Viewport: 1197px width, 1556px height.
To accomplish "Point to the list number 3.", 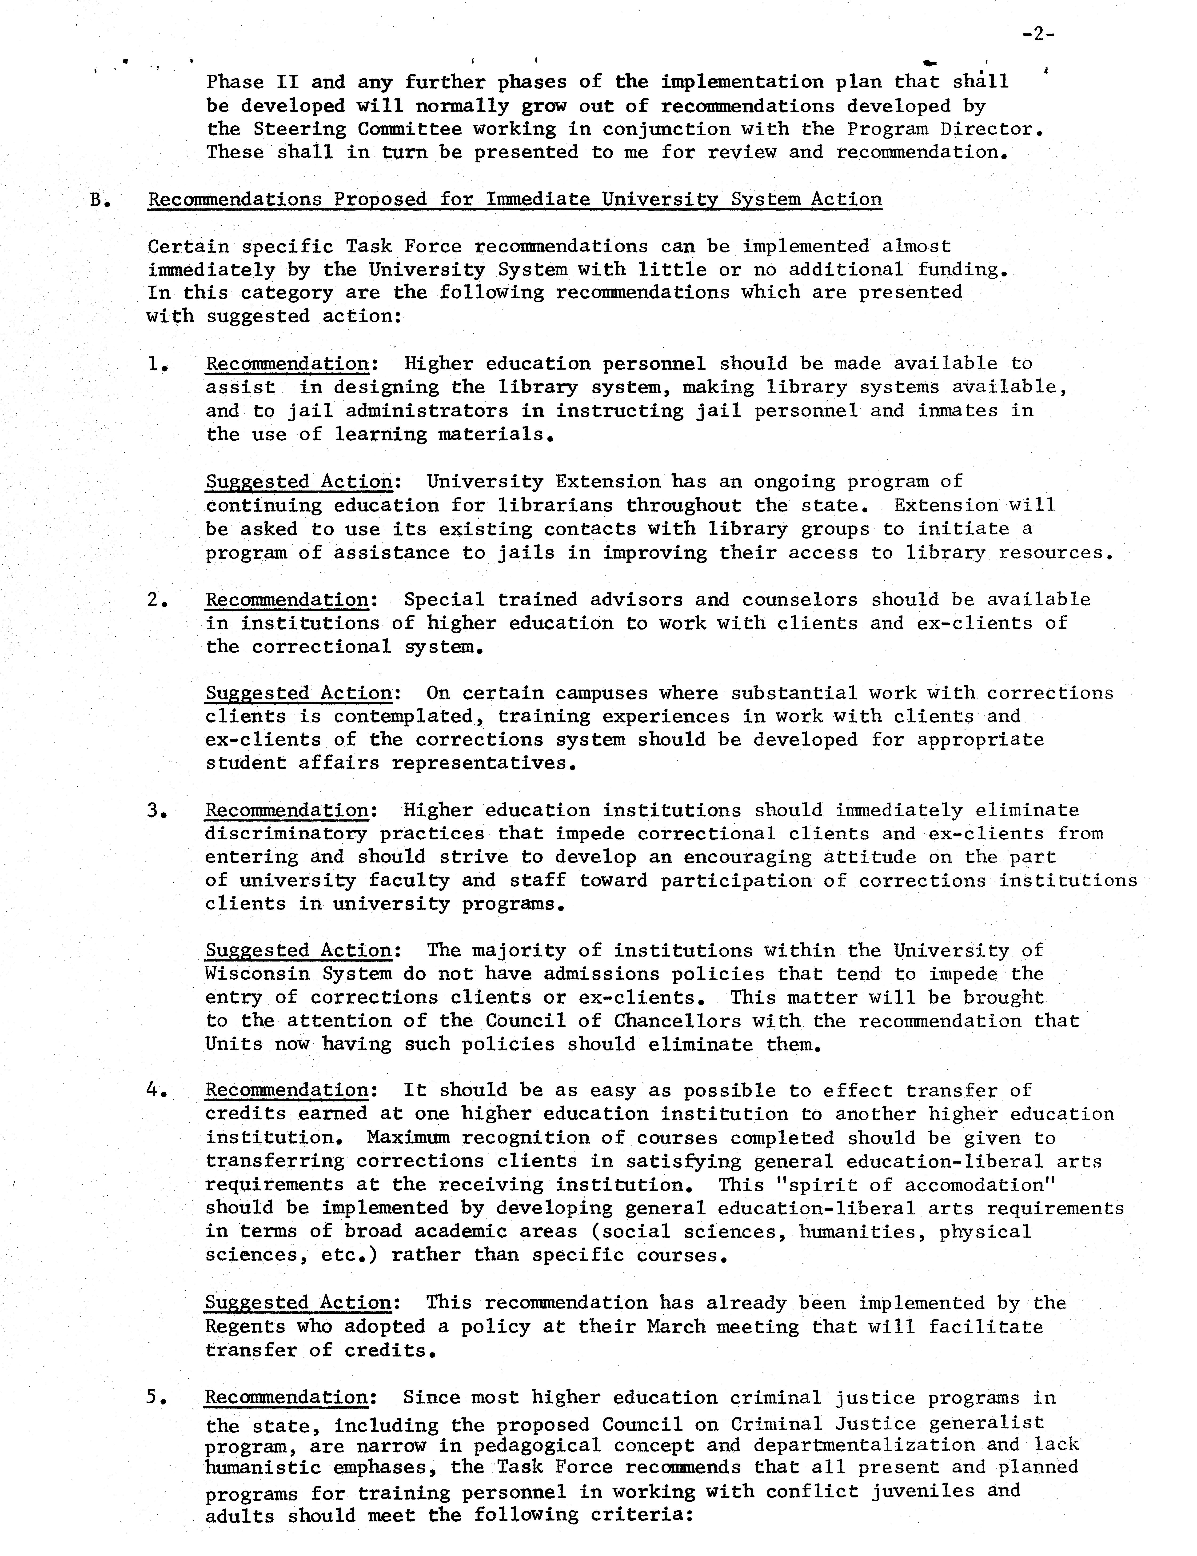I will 157,811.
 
